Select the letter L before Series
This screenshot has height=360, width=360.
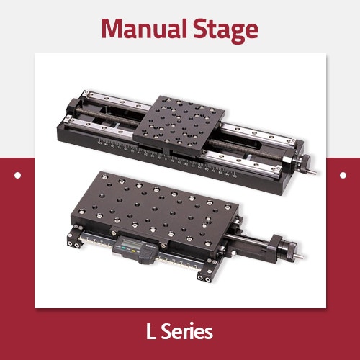point(150,332)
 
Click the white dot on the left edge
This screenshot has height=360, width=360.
point(18,174)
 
